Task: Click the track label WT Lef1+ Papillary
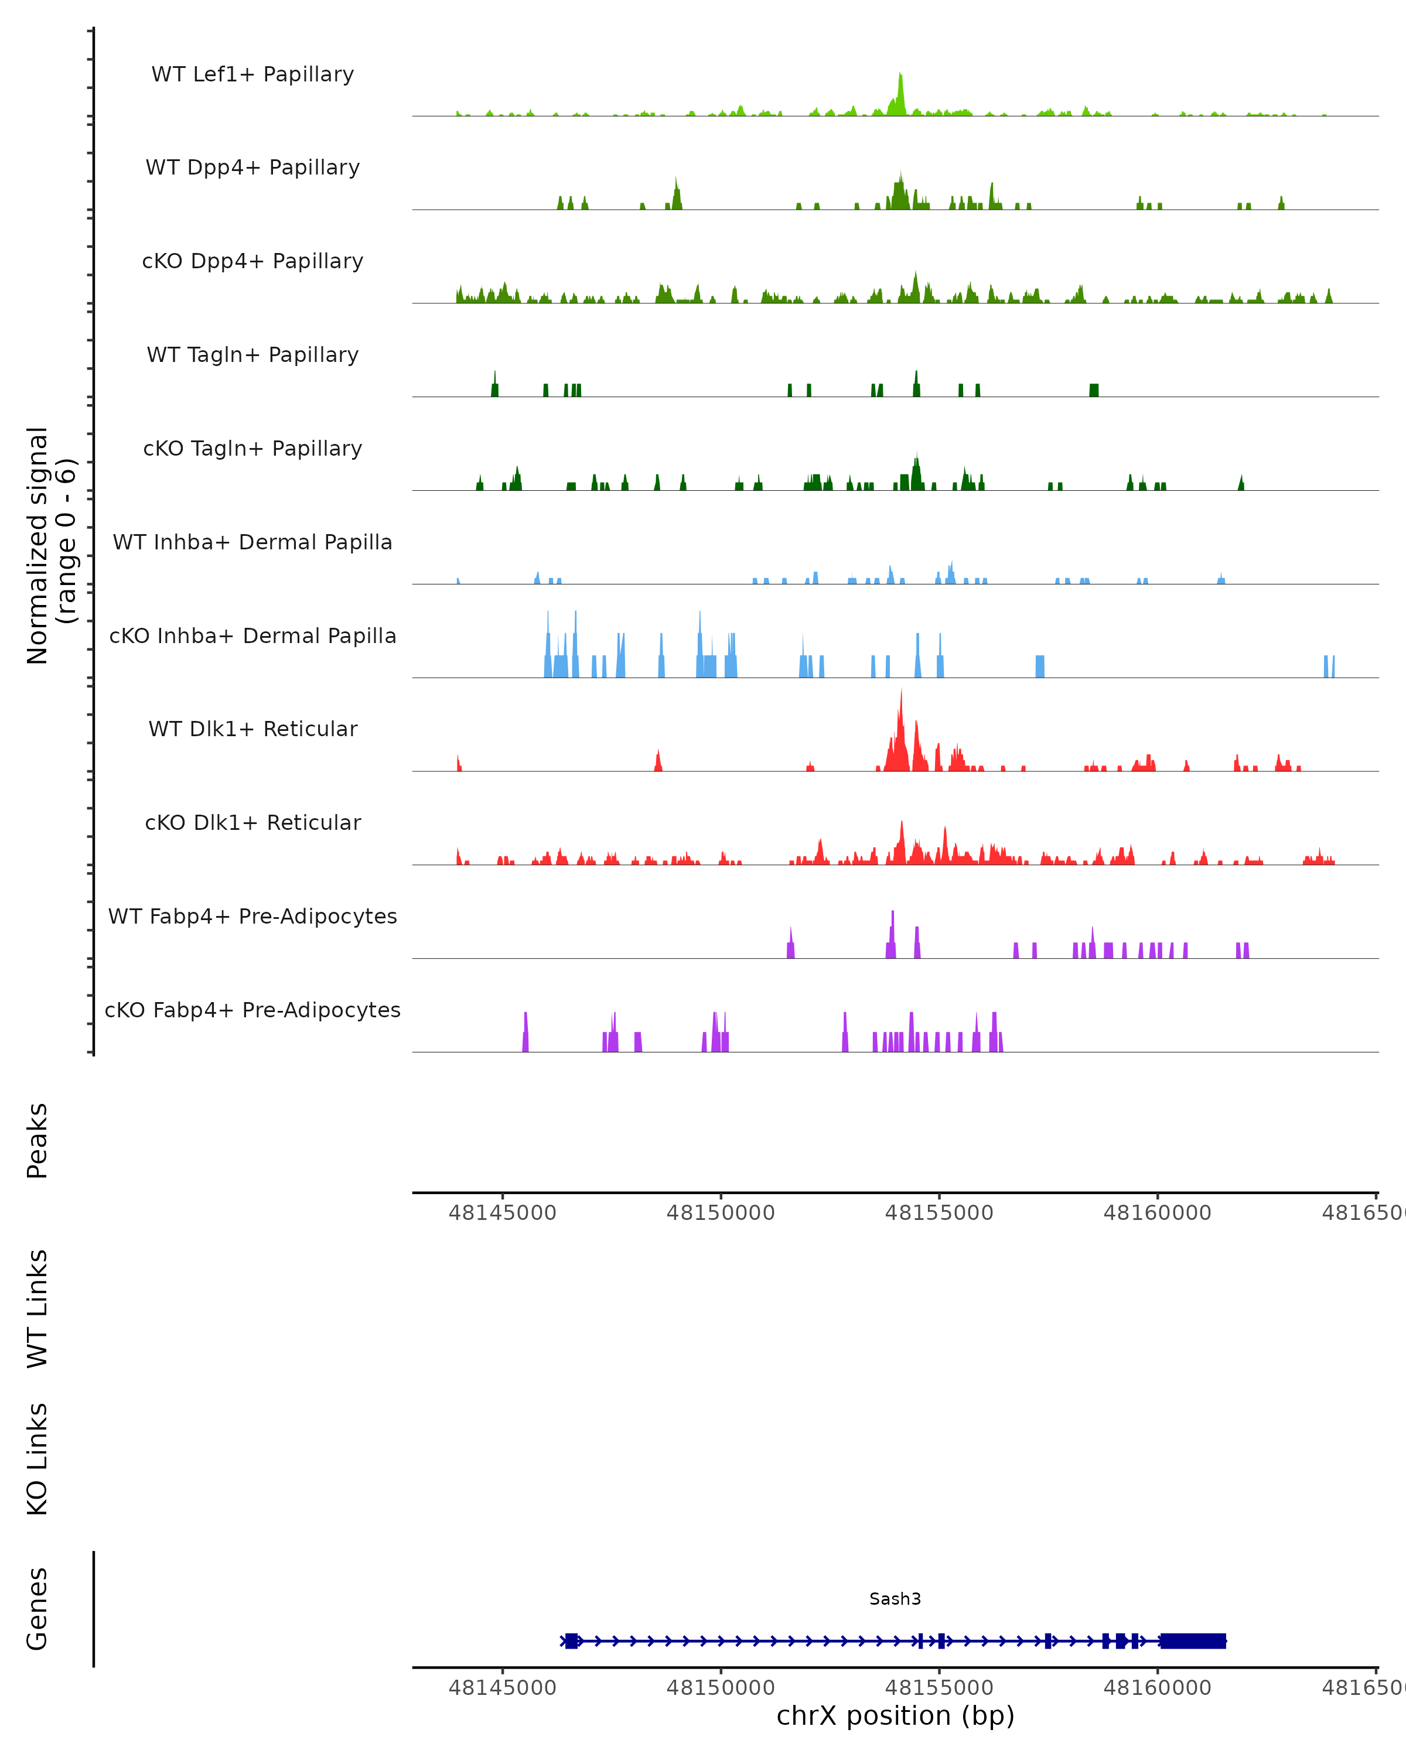(x=252, y=74)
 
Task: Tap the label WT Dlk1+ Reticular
(x=252, y=729)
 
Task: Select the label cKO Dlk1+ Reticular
(x=252, y=822)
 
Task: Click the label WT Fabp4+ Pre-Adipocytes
(x=252, y=916)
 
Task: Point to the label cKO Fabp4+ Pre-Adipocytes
(x=252, y=1010)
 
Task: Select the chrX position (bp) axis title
(x=895, y=1716)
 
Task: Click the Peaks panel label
(x=37, y=1140)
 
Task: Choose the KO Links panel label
(x=37, y=1459)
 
